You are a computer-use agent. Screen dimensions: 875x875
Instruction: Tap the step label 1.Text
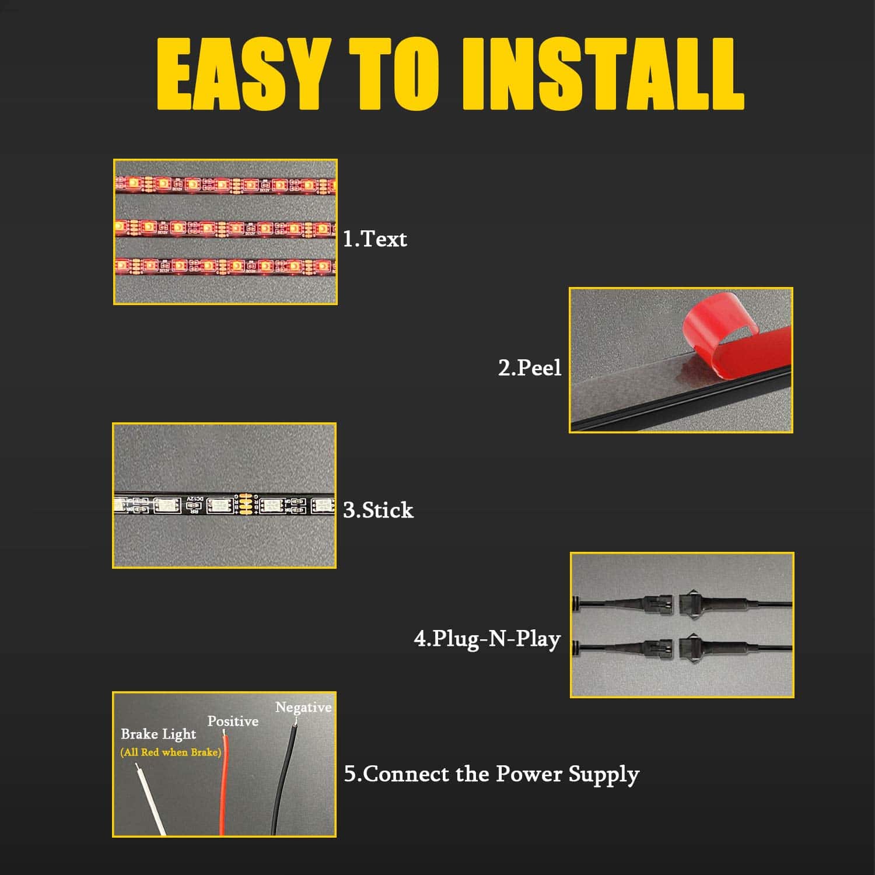pos(374,239)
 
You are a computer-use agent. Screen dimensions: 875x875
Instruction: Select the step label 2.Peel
pos(530,369)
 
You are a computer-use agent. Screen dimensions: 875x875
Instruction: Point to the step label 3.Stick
pos(378,510)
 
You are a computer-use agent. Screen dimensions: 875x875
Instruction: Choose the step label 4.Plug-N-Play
pos(487,639)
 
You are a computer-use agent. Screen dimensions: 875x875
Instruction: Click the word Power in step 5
pos(528,774)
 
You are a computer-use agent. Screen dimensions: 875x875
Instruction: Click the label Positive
pos(233,722)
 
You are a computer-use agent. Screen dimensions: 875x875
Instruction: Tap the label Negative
pos(303,708)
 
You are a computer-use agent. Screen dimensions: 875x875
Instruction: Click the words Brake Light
pos(159,734)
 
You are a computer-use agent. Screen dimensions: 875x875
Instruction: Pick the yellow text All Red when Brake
pos(171,752)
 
